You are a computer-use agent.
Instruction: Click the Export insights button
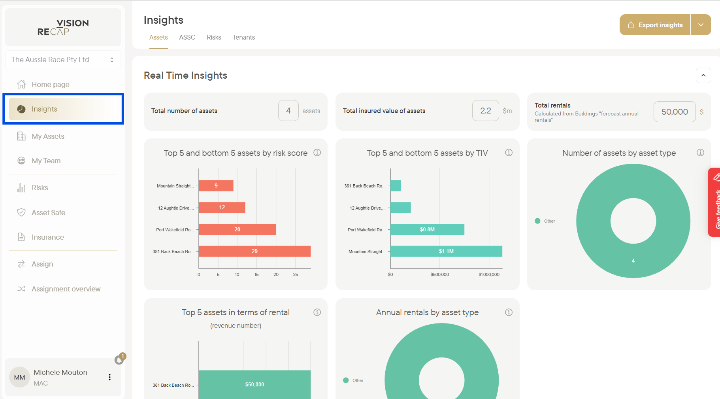tap(655, 25)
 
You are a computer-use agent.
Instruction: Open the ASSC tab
tap(187, 37)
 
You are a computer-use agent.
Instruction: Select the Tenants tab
tap(243, 37)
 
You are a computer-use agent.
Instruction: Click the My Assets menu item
tap(48, 136)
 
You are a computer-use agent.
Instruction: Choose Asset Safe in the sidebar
tap(48, 213)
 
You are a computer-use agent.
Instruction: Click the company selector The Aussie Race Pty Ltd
tap(63, 60)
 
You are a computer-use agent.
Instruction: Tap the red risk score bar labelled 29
tap(254, 251)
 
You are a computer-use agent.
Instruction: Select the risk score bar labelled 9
tap(216, 185)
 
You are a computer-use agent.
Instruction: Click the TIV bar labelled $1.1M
tap(446, 251)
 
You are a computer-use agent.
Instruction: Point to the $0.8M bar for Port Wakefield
tap(427, 229)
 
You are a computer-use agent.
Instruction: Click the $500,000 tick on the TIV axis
tap(440, 274)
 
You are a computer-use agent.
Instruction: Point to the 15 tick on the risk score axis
tap(256, 274)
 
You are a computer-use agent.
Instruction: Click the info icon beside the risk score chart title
tap(317, 153)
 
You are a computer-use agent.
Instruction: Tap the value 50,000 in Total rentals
tap(675, 112)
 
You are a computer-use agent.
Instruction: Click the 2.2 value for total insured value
tap(485, 111)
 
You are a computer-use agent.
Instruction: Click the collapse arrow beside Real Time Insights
tap(703, 76)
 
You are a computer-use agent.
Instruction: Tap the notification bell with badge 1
tap(119, 359)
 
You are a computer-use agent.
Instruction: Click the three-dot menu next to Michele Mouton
tap(109, 377)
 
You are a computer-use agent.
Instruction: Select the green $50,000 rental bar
tap(254, 384)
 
